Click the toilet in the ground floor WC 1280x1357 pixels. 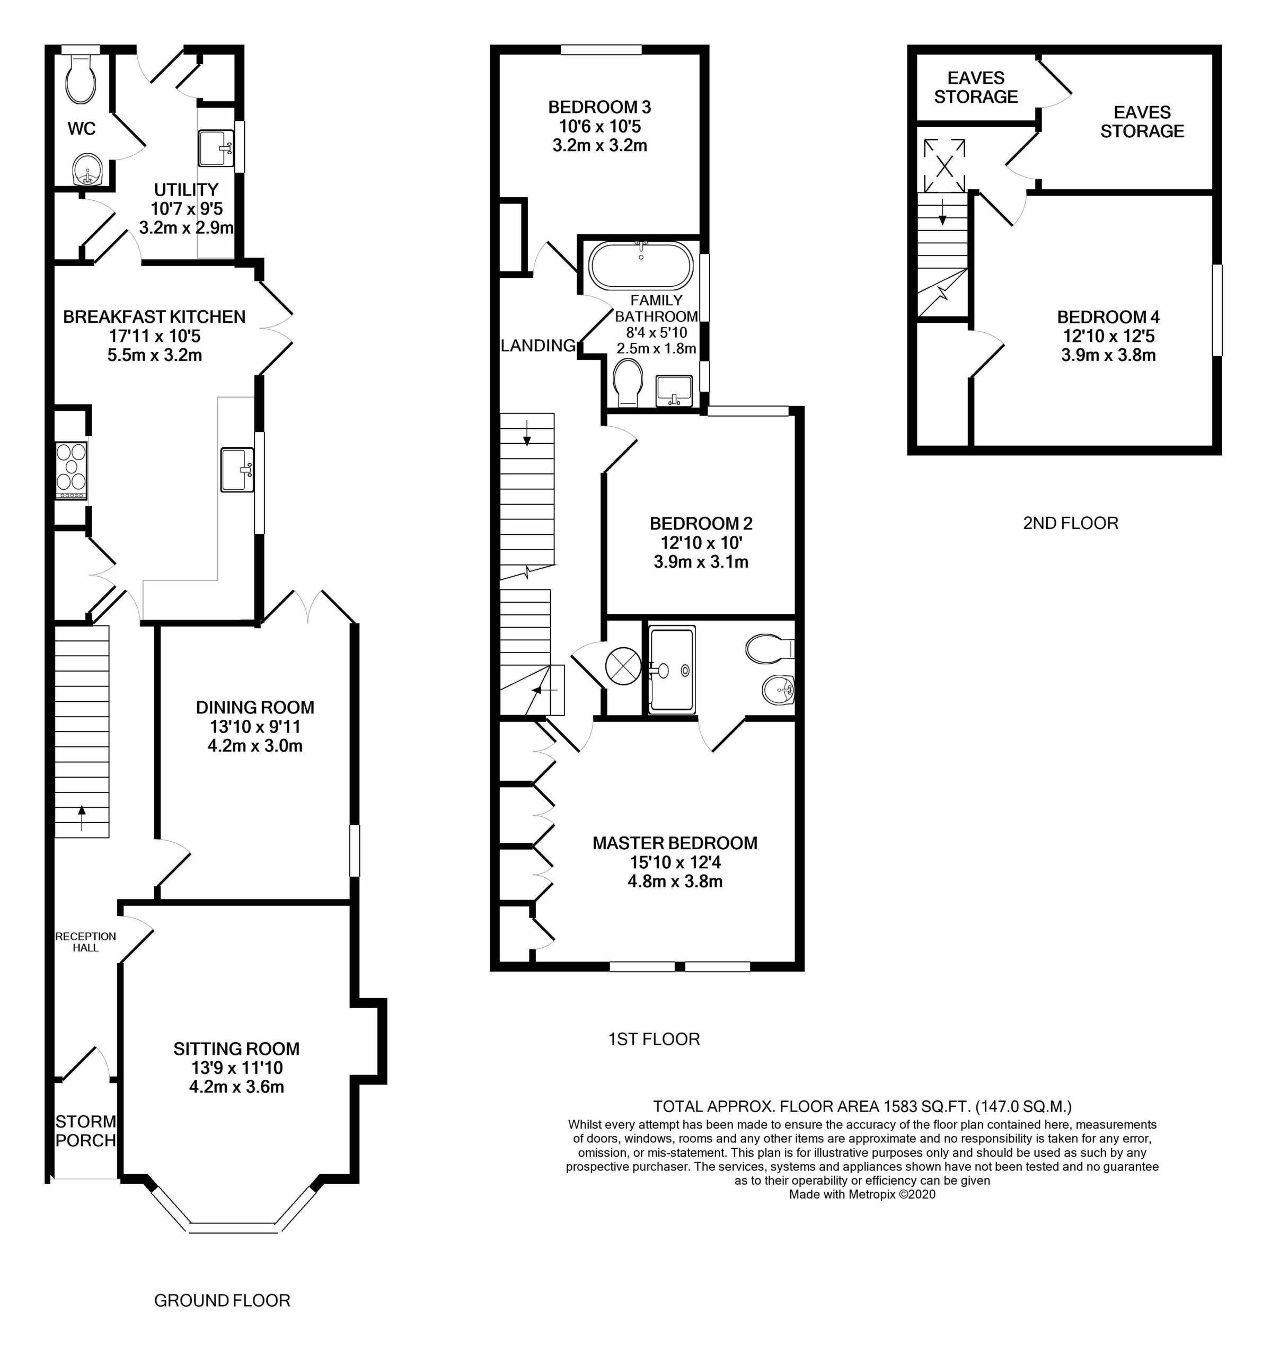(x=81, y=78)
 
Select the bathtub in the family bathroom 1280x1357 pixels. (x=640, y=265)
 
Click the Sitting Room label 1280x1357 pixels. (x=236, y=1049)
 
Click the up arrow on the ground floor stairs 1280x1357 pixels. (x=82, y=818)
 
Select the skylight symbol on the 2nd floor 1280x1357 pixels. (x=944, y=166)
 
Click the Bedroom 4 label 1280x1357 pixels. (x=1108, y=317)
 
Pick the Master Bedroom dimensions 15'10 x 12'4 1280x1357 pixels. (x=675, y=862)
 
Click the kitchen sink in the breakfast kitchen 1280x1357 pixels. (x=237, y=469)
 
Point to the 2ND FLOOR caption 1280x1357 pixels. (x=1071, y=523)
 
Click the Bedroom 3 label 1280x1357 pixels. (x=599, y=107)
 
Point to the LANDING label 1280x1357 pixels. (x=538, y=346)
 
